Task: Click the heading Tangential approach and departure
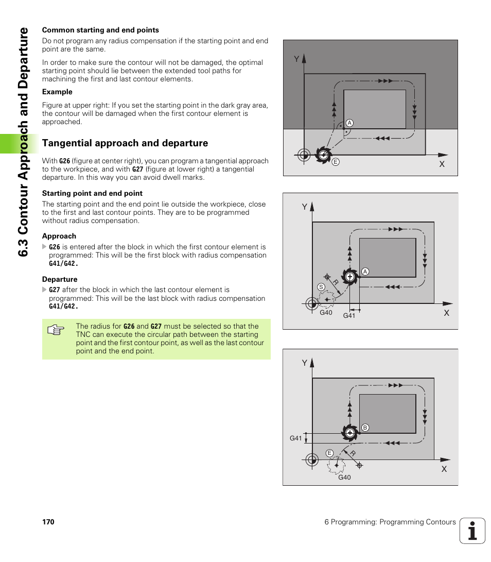pyautogui.click(x=125, y=143)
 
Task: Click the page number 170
pyautogui.click(x=48, y=522)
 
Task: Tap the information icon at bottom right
pyautogui.click(x=472, y=531)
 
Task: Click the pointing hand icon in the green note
pyautogui.click(x=55, y=331)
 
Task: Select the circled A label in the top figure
pyautogui.click(x=349, y=123)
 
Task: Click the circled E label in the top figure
pyautogui.click(x=335, y=162)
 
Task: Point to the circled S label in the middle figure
pyautogui.click(x=321, y=287)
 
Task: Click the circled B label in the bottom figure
pyautogui.click(x=364, y=428)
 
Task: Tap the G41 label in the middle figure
pyautogui.click(x=349, y=316)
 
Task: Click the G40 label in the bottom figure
pyautogui.click(x=344, y=478)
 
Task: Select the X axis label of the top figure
pyautogui.click(x=442, y=164)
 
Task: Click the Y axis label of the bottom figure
pyautogui.click(x=304, y=363)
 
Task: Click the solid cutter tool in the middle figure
pyautogui.click(x=349, y=277)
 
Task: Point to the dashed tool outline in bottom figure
pyautogui.click(x=336, y=465)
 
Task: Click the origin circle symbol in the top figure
pyautogui.click(x=303, y=154)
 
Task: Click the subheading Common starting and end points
pyautogui.click(x=100, y=30)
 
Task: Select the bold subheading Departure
pyautogui.click(x=60, y=279)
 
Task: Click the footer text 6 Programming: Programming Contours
pyautogui.click(x=390, y=522)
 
